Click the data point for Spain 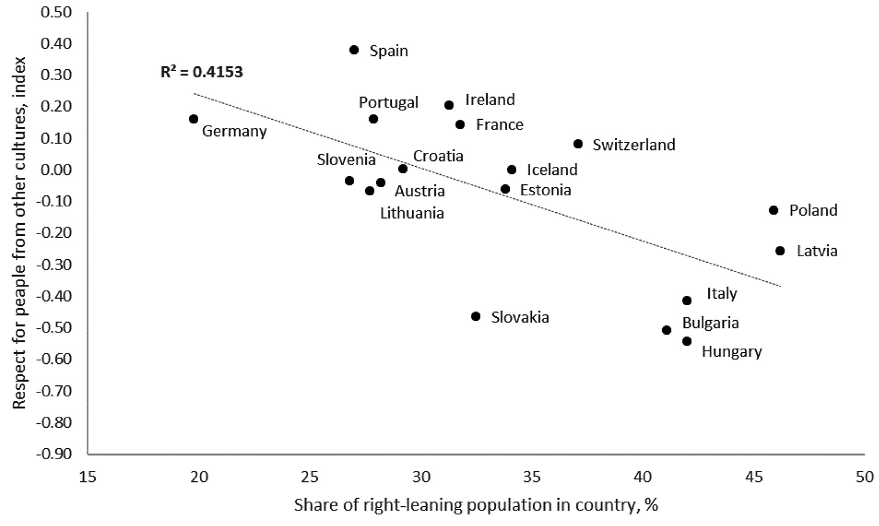(354, 50)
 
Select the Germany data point (194, 119)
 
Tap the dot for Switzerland (578, 144)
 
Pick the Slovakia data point (476, 316)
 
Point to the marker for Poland (773, 210)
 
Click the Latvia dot (780, 251)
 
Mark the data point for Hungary (687, 341)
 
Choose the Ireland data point (449, 105)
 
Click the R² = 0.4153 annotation (202, 72)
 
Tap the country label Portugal (388, 102)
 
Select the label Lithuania (412, 213)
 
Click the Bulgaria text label (710, 323)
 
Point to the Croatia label (438, 156)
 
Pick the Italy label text (721, 294)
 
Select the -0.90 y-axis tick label (54, 454)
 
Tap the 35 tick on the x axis (531, 477)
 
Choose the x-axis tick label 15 (88, 477)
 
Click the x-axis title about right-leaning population (476, 504)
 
